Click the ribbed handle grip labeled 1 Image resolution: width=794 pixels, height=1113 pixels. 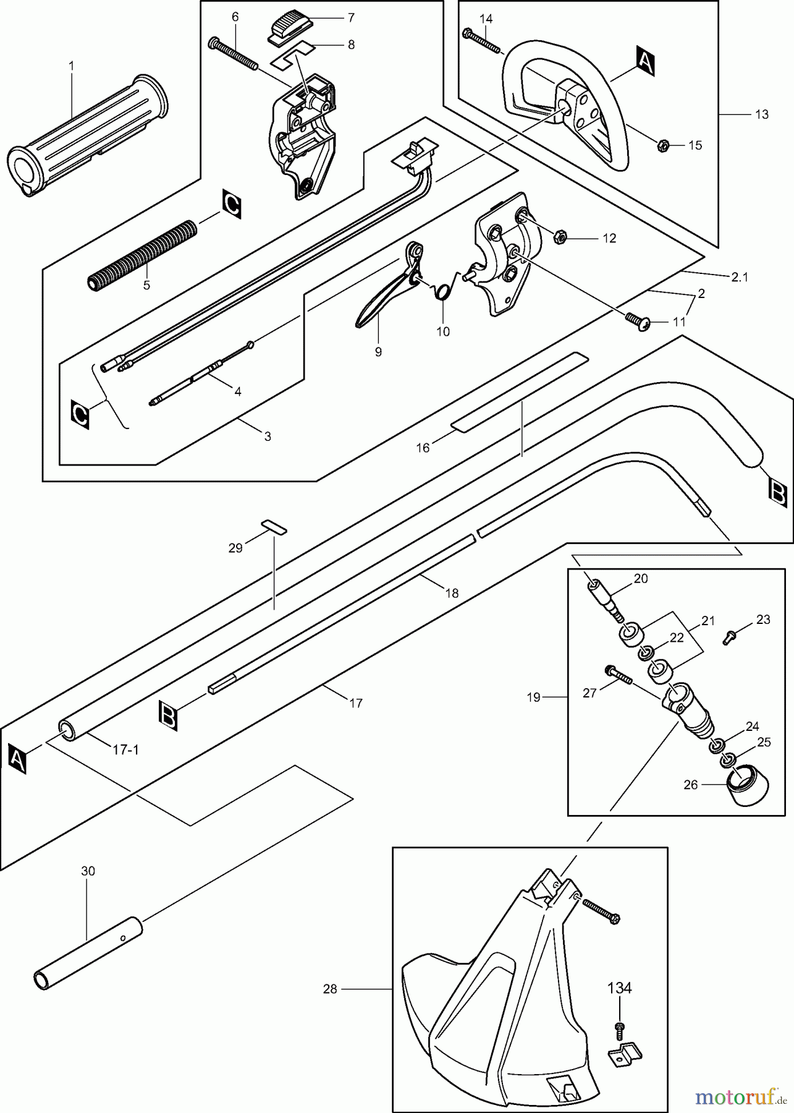pyautogui.click(x=87, y=136)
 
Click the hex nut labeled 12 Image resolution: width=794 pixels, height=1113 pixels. pyautogui.click(x=560, y=236)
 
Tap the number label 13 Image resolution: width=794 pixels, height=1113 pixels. pyautogui.click(x=761, y=114)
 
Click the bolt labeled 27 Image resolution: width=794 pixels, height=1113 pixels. pyautogui.click(x=619, y=675)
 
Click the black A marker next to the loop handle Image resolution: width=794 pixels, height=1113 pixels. pyautogui.click(x=644, y=62)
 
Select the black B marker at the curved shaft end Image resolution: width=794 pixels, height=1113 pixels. pyautogui.click(x=777, y=492)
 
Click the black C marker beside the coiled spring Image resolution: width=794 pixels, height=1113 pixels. pyautogui.click(x=232, y=205)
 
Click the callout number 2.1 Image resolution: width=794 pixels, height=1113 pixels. pyautogui.click(x=739, y=277)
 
